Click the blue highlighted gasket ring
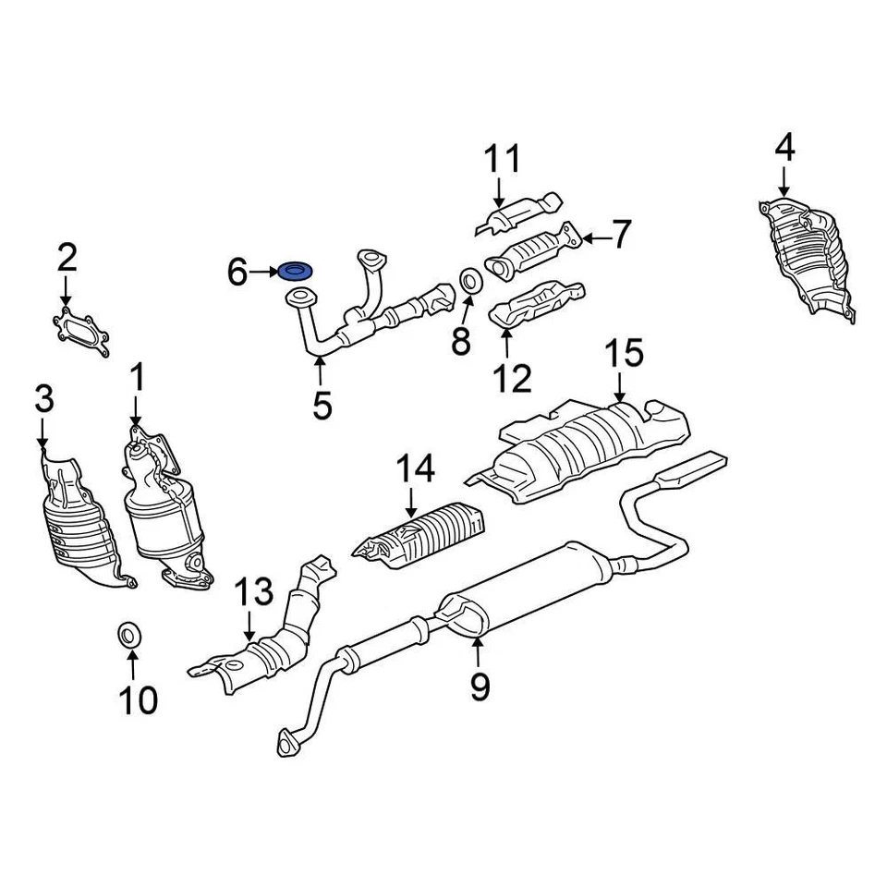(x=295, y=272)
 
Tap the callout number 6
(x=237, y=273)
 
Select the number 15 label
(x=623, y=355)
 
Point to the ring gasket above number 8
(x=469, y=279)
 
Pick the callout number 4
(x=784, y=148)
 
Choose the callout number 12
(x=511, y=378)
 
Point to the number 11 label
(x=504, y=160)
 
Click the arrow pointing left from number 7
(x=595, y=239)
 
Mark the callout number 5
(x=321, y=406)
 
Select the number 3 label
(x=43, y=401)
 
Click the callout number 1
(x=137, y=377)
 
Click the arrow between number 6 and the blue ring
(x=265, y=272)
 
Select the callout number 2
(x=67, y=258)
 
